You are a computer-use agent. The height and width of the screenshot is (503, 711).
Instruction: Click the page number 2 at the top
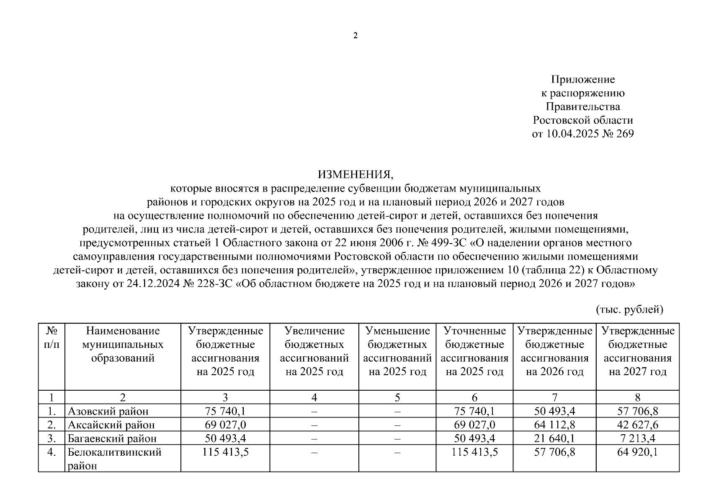pyautogui.click(x=355, y=36)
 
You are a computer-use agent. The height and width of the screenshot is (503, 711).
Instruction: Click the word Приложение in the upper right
pyautogui.click(x=583, y=79)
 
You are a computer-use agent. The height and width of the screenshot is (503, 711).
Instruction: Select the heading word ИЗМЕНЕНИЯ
pyautogui.click(x=355, y=174)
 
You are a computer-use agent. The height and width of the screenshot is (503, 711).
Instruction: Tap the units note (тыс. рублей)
pyautogui.click(x=629, y=310)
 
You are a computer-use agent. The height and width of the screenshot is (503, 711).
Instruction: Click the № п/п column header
pyautogui.click(x=52, y=338)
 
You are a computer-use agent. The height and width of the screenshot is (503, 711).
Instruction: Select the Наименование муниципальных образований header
pyautogui.click(x=123, y=345)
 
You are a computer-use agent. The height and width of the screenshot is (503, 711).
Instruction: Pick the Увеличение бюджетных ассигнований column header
pyautogui.click(x=314, y=351)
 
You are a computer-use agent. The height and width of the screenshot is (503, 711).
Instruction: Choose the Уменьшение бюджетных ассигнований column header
pyautogui.click(x=397, y=351)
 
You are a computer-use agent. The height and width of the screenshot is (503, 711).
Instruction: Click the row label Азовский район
pyautogui.click(x=108, y=412)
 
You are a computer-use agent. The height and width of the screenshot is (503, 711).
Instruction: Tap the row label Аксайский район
pyautogui.click(x=111, y=425)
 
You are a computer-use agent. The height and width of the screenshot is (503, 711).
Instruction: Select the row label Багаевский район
pyautogui.click(x=112, y=439)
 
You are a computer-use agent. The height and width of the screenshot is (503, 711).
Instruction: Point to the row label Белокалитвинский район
pyautogui.click(x=115, y=459)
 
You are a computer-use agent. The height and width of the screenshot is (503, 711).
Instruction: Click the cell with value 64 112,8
pyautogui.click(x=554, y=425)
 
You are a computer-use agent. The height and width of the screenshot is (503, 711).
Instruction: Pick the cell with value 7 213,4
pyautogui.click(x=637, y=439)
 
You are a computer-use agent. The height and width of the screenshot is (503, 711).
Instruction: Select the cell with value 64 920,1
pyautogui.click(x=637, y=453)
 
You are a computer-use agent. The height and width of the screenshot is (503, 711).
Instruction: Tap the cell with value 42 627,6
pyautogui.click(x=637, y=425)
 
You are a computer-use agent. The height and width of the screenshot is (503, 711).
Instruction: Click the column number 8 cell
pyautogui.click(x=637, y=397)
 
